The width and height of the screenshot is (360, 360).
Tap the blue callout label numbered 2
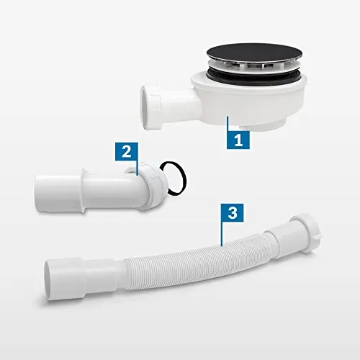(125, 152)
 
